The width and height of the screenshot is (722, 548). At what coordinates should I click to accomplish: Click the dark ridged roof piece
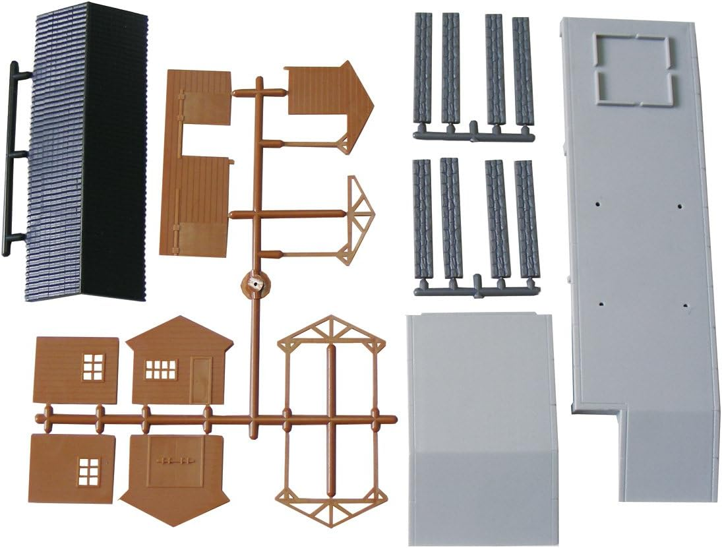[86, 152]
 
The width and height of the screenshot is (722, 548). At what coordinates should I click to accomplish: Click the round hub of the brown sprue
[255, 284]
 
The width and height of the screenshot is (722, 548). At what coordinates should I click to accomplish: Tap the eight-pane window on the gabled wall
[160, 369]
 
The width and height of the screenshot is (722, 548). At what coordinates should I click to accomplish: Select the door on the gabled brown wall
[200, 379]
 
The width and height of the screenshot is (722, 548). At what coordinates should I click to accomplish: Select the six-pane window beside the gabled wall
[93, 367]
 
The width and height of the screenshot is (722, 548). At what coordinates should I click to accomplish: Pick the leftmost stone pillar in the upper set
[423, 69]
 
